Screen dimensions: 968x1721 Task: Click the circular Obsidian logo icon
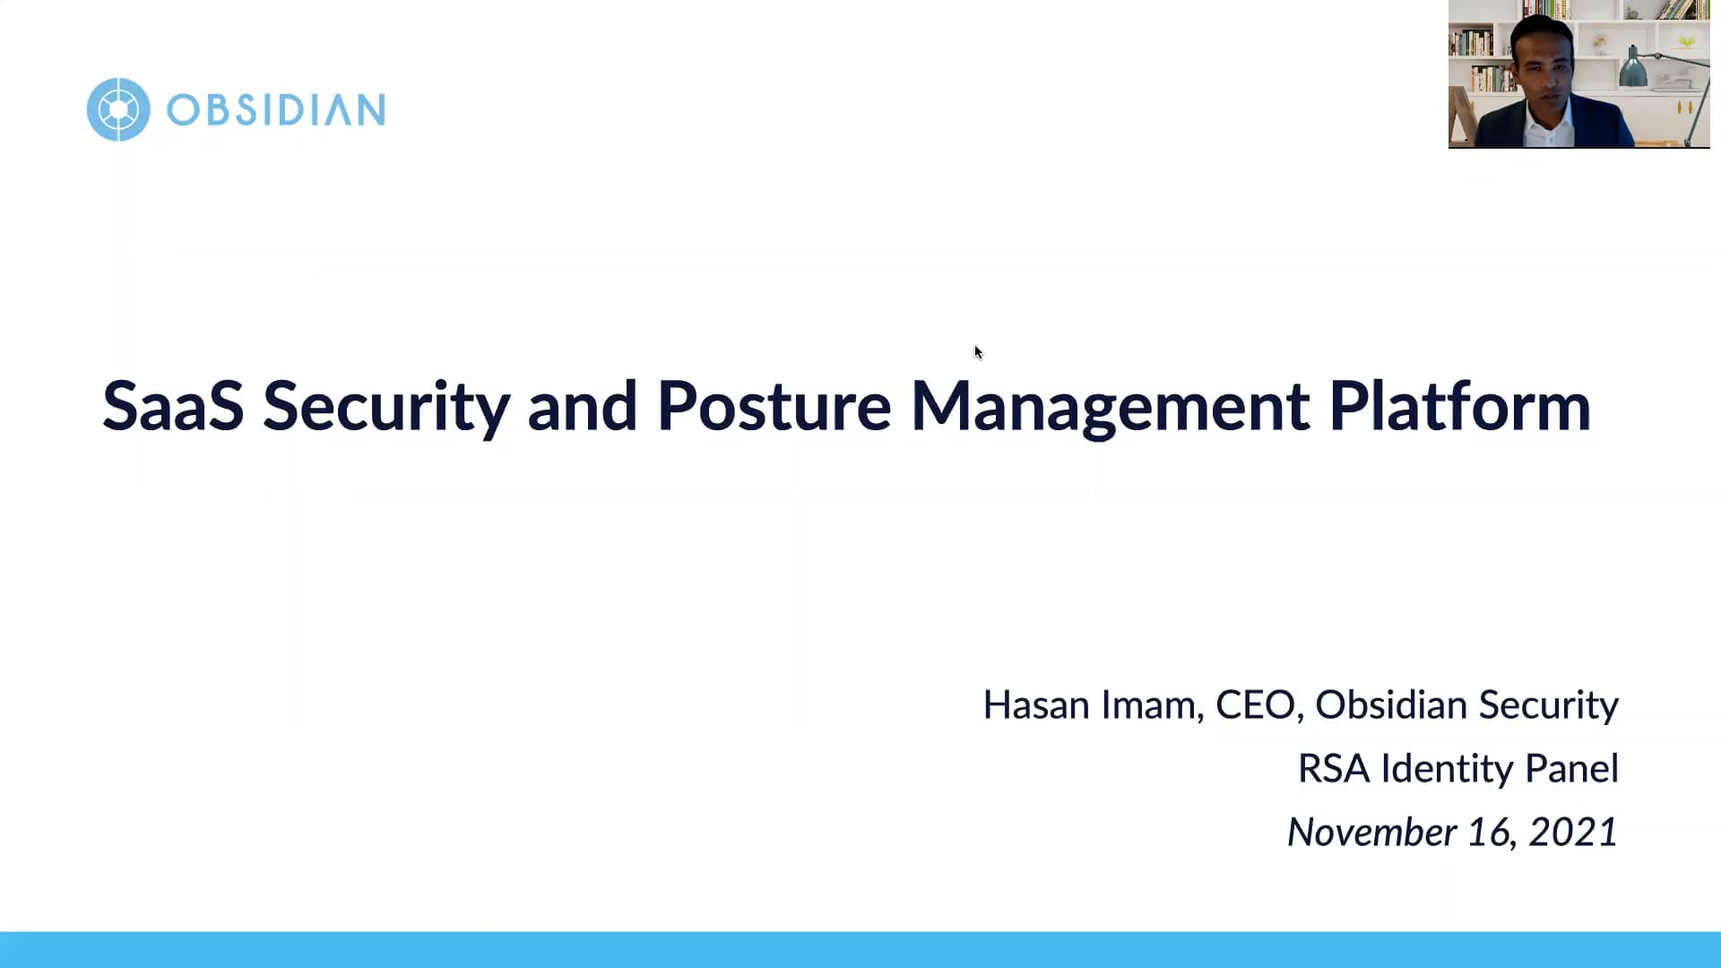(x=118, y=109)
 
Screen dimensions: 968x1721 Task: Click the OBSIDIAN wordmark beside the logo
(x=276, y=110)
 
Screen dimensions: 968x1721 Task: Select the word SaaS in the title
(x=173, y=406)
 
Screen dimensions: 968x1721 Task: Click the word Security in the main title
(x=386, y=406)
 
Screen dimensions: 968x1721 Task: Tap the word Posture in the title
(x=774, y=406)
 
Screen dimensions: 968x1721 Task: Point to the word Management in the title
(x=1110, y=406)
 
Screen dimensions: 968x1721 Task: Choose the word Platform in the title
(x=1459, y=406)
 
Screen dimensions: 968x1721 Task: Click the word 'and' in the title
(x=583, y=406)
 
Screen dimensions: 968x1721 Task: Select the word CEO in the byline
(x=1254, y=705)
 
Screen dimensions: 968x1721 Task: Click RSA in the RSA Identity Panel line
(x=1333, y=769)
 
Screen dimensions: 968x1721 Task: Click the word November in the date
(x=1371, y=833)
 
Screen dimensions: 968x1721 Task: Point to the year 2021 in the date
(x=1572, y=833)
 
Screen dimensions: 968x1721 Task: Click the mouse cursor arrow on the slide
(x=978, y=352)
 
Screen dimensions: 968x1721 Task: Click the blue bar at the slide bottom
(x=860, y=949)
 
